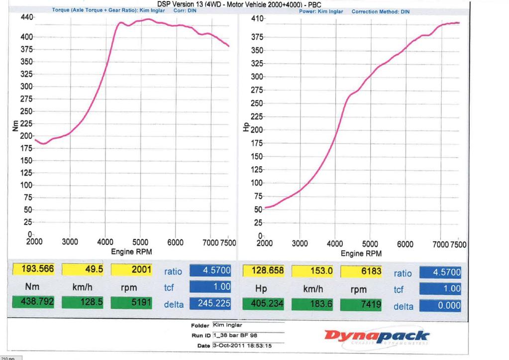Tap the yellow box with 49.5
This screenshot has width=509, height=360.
(x=84, y=270)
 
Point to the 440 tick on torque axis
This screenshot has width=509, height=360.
(x=26, y=17)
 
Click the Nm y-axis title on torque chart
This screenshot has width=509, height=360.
(x=15, y=126)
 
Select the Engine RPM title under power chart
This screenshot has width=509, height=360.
(x=361, y=253)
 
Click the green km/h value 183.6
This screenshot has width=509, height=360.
(x=313, y=305)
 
